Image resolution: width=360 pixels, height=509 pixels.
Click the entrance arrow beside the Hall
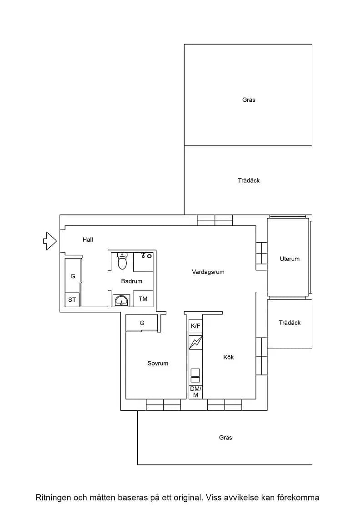click(50, 241)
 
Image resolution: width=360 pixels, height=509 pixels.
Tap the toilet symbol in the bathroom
click(122, 261)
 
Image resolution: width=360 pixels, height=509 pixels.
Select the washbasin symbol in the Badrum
click(121, 300)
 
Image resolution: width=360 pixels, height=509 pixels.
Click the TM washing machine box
click(143, 299)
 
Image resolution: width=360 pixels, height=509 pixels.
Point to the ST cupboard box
click(72, 299)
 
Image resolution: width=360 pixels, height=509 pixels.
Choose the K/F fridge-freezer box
click(196, 326)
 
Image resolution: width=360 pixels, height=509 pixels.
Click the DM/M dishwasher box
click(196, 392)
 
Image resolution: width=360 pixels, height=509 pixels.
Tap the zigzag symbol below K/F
click(196, 343)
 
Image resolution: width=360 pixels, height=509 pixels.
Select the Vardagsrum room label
click(208, 272)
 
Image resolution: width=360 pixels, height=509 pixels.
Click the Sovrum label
click(158, 363)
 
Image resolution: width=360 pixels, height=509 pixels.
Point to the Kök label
click(229, 357)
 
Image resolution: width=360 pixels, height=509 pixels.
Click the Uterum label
click(290, 259)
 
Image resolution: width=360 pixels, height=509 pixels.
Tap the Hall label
click(88, 240)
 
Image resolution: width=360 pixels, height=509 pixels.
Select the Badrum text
click(131, 281)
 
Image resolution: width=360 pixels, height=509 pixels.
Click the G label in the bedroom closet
click(142, 323)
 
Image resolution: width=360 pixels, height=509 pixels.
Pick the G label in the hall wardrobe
click(73, 276)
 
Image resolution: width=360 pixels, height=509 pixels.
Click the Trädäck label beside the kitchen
click(290, 323)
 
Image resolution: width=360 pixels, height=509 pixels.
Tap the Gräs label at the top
click(249, 100)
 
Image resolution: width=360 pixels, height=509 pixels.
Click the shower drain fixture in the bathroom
click(150, 256)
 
